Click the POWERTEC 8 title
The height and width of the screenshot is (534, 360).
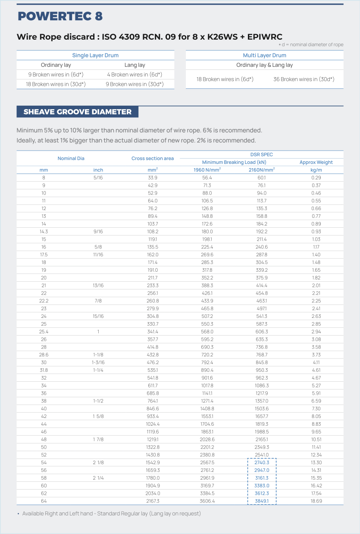point(60,16)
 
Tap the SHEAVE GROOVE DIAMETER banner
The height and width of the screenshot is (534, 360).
point(78,112)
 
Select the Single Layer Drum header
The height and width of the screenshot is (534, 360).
point(95,55)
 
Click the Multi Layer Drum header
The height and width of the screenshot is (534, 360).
point(264,55)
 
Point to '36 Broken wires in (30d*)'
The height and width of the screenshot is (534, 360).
point(304,79)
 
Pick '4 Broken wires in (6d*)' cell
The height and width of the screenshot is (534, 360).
point(135,75)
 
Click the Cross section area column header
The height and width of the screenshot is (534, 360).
point(153,158)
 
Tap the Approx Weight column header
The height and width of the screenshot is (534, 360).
point(316,162)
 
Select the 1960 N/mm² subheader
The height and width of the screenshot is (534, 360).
point(207,170)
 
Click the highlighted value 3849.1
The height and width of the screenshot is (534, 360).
point(262,501)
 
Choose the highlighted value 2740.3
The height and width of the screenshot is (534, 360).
point(262,462)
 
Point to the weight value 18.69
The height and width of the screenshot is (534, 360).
point(316,501)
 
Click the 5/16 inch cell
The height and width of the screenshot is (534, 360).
point(98,178)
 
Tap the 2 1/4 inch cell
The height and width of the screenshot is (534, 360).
point(98,478)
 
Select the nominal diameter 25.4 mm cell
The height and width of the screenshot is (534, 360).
point(44,331)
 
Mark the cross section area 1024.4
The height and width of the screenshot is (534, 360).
point(153,424)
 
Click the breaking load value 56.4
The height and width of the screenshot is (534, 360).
point(207,178)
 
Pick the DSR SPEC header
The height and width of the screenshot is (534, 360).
point(262,154)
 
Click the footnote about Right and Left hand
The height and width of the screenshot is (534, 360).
point(111,514)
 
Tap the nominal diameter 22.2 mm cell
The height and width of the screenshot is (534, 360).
point(44,301)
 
